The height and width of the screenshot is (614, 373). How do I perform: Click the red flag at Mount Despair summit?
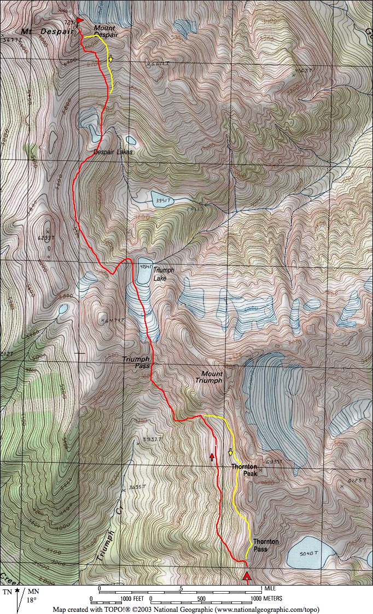80,21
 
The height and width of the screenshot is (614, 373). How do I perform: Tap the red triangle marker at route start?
247,576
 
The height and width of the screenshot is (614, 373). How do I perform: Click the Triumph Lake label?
162,274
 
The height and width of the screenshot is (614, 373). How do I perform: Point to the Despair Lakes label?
112,152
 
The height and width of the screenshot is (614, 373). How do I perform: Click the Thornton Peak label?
244,470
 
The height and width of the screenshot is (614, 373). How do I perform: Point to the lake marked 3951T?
161,200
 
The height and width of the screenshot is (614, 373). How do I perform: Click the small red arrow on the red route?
212,456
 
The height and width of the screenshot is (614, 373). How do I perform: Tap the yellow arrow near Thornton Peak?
230,452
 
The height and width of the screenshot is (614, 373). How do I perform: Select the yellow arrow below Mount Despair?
110,59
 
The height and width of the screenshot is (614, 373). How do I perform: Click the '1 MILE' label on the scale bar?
270,588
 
